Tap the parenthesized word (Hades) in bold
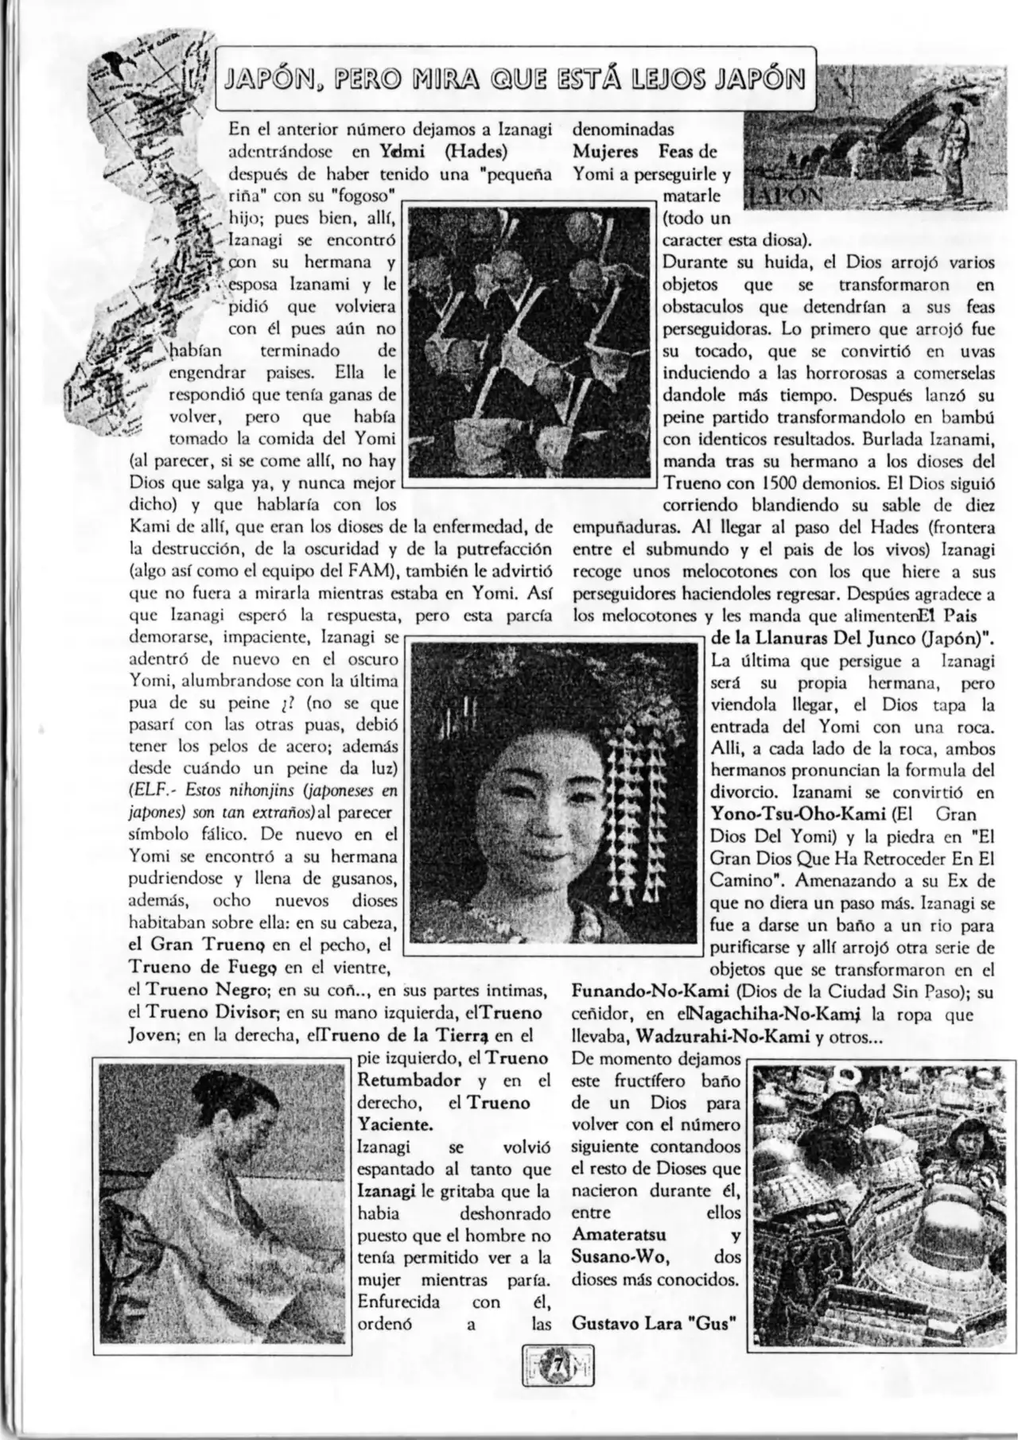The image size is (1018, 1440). [x=476, y=151]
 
